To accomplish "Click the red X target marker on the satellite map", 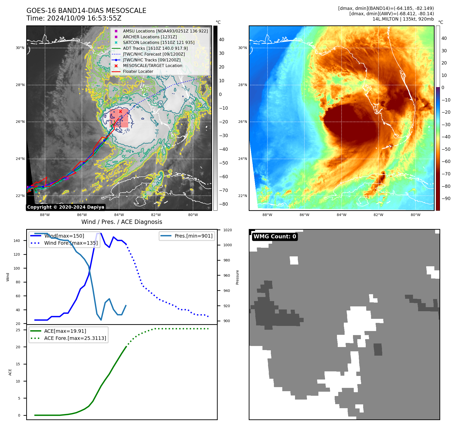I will coord(120,111).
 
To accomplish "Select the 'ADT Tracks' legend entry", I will coord(155,48).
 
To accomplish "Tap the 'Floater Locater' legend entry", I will coord(138,71).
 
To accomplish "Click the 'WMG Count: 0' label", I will coord(275,237).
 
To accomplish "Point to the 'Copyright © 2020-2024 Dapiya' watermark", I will coord(66,207).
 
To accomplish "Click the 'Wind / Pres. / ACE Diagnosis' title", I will coord(122,222).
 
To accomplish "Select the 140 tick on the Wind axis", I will coord(17,241).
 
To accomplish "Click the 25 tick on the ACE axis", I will coord(18,330).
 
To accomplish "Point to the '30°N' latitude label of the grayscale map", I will coord(20,48).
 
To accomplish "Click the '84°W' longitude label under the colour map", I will coord(341,215).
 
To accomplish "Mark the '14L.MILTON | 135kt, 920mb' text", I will coord(403,19).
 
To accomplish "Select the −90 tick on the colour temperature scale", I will coord(446,199).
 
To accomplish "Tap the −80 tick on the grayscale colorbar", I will coord(224,204).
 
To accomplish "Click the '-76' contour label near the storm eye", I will coord(126,131).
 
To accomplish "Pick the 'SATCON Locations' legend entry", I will coord(158,42).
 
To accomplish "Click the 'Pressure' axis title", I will coord(237,277).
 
